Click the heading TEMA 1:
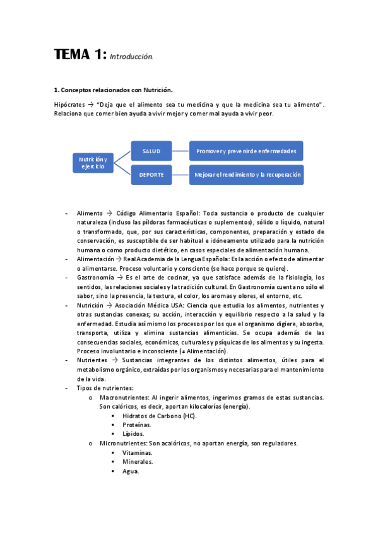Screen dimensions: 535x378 (x=80, y=55)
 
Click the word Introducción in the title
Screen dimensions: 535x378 (x=131, y=57)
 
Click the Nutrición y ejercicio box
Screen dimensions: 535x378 (x=93, y=162)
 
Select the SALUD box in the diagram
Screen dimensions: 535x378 (x=151, y=151)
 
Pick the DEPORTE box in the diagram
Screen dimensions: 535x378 (x=151, y=174)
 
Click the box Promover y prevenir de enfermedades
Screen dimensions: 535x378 (x=247, y=151)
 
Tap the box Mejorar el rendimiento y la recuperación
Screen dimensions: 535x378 (x=247, y=174)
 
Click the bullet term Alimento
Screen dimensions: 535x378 (x=89, y=213)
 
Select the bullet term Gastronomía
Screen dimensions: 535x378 (x=95, y=278)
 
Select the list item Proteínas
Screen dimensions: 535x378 (x=136, y=425)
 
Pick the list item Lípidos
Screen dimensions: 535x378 (x=133, y=434)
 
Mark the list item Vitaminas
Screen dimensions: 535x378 (x=137, y=453)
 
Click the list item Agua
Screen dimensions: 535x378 (x=131, y=471)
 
